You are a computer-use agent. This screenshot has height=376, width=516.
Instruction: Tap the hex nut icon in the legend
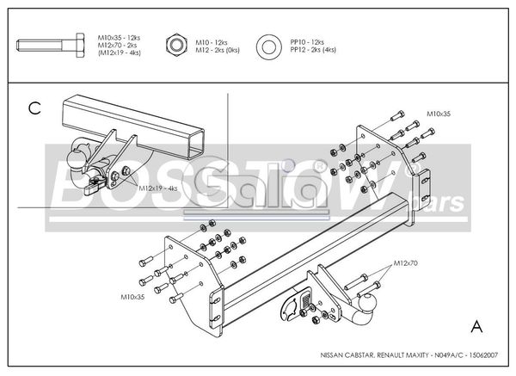[175, 45]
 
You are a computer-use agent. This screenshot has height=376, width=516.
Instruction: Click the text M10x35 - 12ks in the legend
[119, 38]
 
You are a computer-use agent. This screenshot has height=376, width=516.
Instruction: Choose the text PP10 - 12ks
[306, 41]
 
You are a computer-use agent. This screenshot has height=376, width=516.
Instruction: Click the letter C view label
[34, 108]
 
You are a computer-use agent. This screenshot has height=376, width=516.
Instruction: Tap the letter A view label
[476, 325]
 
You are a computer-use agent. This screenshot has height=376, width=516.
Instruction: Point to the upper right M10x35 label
[440, 113]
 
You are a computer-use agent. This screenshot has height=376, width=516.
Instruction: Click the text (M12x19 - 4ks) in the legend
[119, 53]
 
